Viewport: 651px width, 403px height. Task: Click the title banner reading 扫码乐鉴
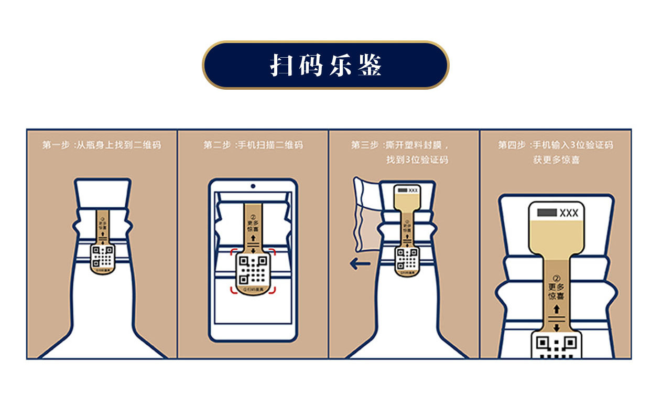(325, 65)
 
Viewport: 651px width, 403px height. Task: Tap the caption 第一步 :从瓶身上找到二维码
(101, 145)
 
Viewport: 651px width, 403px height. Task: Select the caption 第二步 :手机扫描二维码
(253, 145)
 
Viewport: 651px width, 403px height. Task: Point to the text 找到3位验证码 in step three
(417, 160)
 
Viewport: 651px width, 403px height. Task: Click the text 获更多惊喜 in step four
(556, 160)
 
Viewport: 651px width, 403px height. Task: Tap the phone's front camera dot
(253, 186)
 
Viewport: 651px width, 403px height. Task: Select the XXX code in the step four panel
(569, 213)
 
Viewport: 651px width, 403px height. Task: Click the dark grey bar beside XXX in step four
(546, 213)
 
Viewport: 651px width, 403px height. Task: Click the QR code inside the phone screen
(253, 270)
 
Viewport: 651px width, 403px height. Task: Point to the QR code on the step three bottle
(406, 259)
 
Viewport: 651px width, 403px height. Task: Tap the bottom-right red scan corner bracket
(272, 292)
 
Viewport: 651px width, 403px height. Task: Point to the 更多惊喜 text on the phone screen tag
(253, 227)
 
